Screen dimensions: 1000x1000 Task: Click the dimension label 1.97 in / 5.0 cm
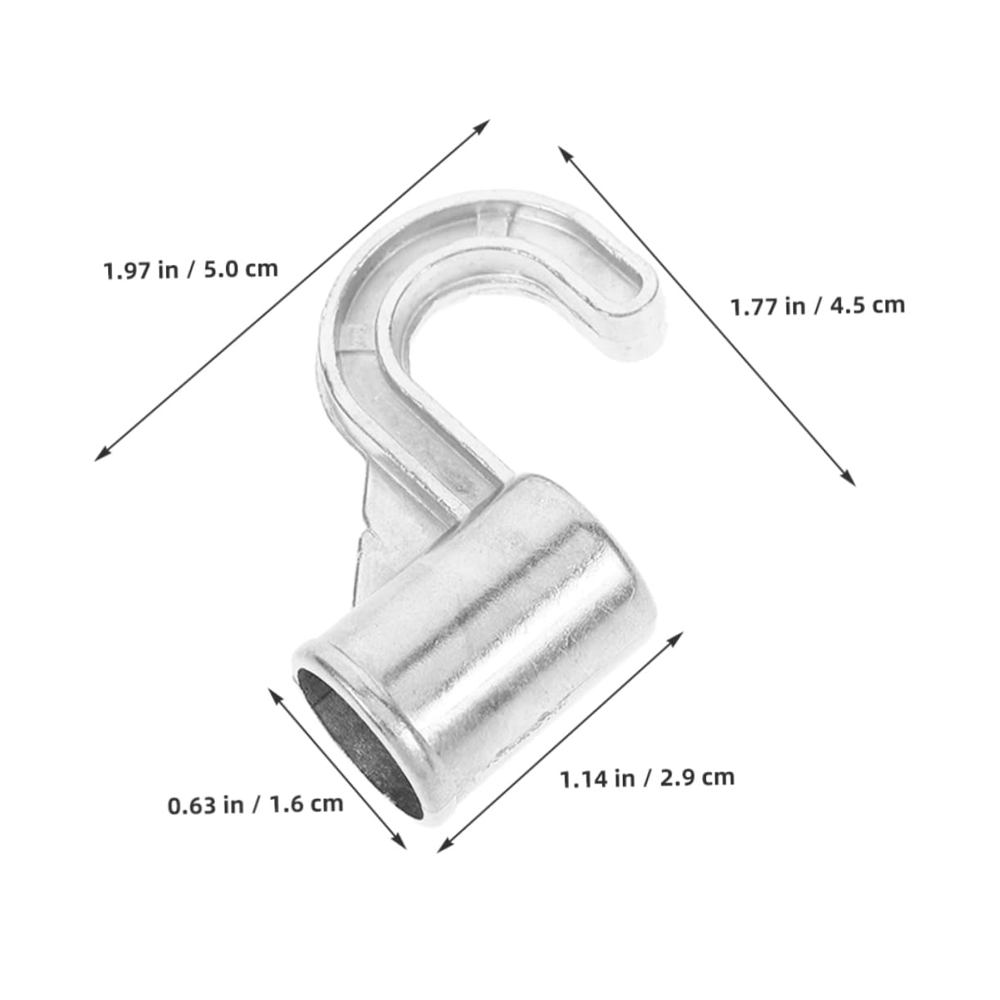click(191, 268)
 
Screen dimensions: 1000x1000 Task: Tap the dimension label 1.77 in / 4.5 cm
click(818, 305)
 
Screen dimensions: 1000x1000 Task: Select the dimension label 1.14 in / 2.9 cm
click(646, 777)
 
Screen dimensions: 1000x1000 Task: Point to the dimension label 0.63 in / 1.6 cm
click(255, 804)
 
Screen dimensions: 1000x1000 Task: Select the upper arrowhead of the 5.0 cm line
click(484, 124)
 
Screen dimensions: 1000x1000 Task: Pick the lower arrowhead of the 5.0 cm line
click(101, 456)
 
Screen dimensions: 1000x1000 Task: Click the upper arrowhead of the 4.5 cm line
click(564, 151)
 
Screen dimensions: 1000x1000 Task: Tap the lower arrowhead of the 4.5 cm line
click(850, 480)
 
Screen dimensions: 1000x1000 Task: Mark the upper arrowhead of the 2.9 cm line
click(678, 636)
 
